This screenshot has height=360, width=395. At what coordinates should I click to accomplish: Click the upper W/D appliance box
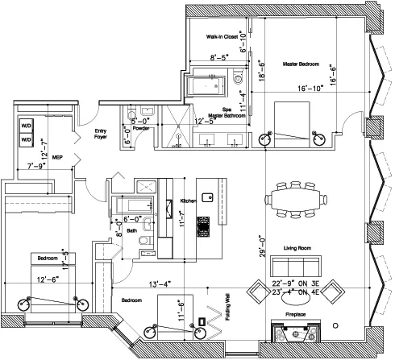26,126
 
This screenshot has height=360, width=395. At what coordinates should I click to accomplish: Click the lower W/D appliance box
26,140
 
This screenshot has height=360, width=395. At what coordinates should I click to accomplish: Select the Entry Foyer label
102,134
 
